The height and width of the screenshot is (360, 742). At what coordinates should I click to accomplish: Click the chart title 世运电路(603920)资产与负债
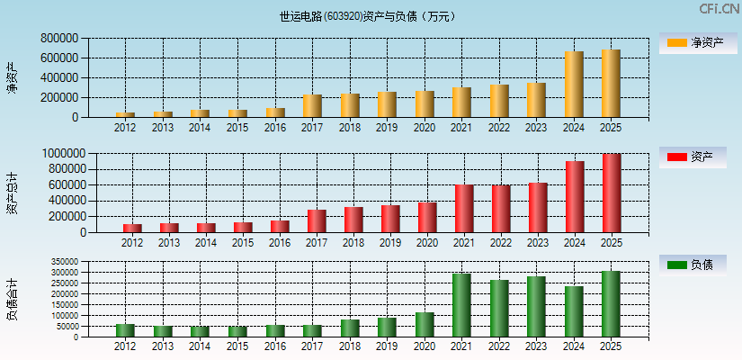click(368, 16)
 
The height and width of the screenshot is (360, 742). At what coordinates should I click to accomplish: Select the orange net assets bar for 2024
click(574, 85)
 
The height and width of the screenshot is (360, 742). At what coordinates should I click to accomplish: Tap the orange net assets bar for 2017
click(312, 106)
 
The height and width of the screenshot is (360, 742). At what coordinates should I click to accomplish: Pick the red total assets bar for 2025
click(612, 193)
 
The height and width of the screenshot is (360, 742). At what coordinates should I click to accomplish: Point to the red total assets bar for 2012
click(132, 228)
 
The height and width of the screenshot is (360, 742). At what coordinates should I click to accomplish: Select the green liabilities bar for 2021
click(461, 305)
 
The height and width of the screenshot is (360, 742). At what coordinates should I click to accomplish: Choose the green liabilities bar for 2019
click(387, 328)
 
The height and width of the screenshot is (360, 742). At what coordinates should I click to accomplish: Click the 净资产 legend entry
click(693, 42)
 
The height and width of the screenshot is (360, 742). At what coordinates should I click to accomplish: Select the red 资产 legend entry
click(693, 157)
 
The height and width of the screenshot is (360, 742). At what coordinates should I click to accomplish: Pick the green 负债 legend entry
click(693, 265)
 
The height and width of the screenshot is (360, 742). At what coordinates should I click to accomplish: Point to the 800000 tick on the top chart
click(58, 39)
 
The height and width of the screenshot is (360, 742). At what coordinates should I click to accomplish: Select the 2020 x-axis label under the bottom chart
click(425, 346)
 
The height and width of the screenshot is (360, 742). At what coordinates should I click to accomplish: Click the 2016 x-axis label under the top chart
click(275, 128)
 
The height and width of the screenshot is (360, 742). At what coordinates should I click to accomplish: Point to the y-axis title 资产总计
click(12, 193)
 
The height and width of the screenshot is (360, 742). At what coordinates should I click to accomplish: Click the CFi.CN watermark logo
click(720, 9)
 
